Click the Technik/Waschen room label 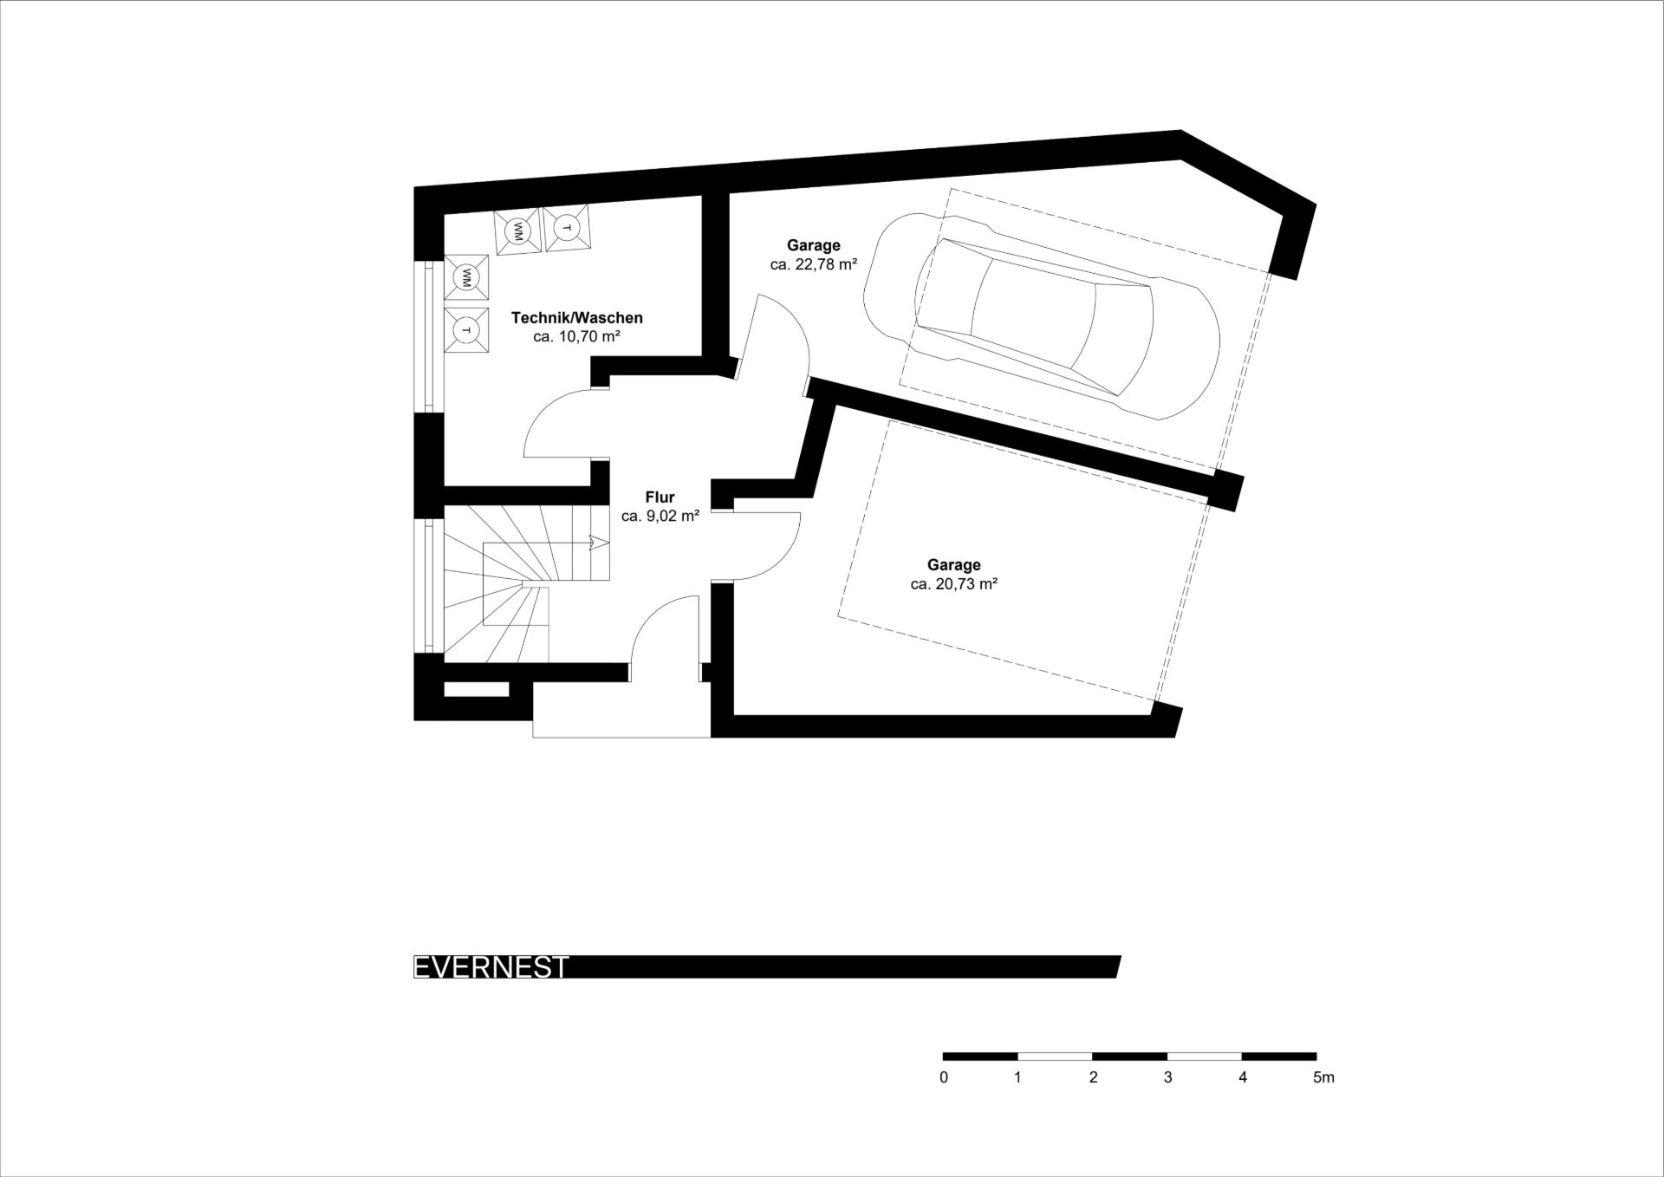pyautogui.click(x=576, y=318)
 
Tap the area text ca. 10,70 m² pyautogui.click(x=576, y=336)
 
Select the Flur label pyautogui.click(x=660, y=497)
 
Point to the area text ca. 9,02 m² pyautogui.click(x=660, y=516)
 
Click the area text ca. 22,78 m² pyautogui.click(x=813, y=264)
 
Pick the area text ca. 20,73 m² pyautogui.click(x=953, y=584)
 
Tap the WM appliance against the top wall pyautogui.click(x=518, y=231)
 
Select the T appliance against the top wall pyautogui.click(x=567, y=228)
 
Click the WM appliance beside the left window pyautogui.click(x=466, y=277)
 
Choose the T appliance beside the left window pyautogui.click(x=466, y=330)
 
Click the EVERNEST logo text pyautogui.click(x=491, y=967)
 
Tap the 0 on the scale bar pyautogui.click(x=944, y=1078)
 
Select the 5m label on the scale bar pyautogui.click(x=1323, y=1078)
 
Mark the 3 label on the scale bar pyautogui.click(x=1168, y=1078)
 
